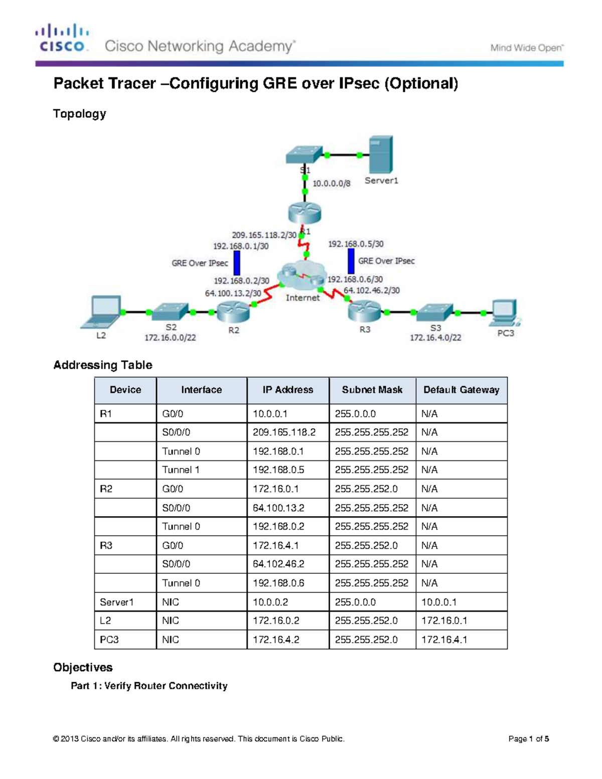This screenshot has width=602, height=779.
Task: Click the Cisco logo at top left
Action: point(62,38)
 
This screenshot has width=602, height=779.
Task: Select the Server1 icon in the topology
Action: point(381,154)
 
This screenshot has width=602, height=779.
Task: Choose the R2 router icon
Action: point(233,313)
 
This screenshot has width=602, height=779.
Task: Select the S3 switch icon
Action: point(434,313)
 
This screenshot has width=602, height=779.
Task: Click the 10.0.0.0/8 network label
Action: point(331,184)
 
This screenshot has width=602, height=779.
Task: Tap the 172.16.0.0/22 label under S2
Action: point(170,338)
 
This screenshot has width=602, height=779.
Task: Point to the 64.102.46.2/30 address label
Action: point(371,290)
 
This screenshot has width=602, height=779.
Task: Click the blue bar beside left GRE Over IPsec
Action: point(237,263)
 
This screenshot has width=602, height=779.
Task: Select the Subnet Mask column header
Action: point(372,390)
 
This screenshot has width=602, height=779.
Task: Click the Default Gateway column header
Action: point(461,390)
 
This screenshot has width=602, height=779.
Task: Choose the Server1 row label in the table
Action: point(117,602)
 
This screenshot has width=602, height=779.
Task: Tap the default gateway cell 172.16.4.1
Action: point(444,640)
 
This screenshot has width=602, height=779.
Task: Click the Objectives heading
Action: point(83,667)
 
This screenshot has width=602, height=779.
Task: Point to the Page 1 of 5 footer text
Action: point(528,739)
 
